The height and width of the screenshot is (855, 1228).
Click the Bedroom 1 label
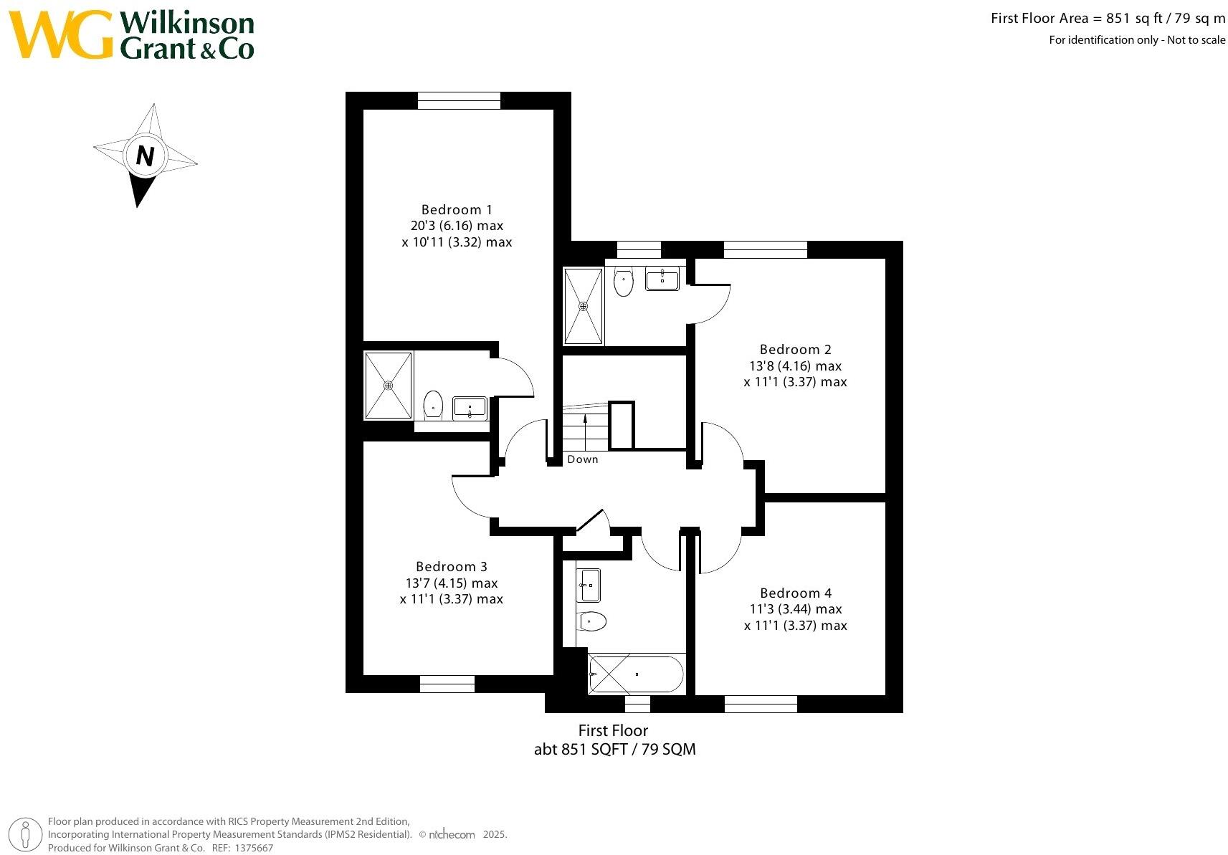click(x=457, y=209)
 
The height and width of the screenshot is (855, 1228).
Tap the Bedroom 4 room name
click(x=796, y=593)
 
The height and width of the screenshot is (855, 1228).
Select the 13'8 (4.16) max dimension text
click(x=796, y=366)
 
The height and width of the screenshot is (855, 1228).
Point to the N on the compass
click(x=146, y=156)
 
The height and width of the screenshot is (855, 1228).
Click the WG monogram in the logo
click(x=61, y=34)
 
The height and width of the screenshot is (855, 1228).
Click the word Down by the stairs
click(x=582, y=459)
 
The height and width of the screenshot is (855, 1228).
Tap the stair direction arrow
click(x=586, y=428)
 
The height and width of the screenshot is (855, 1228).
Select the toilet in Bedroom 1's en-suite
click(x=433, y=404)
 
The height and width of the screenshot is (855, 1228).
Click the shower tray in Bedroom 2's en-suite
click(x=584, y=306)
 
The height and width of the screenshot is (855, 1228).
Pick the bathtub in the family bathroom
click(x=636, y=674)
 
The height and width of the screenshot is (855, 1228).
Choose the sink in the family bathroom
click(x=590, y=586)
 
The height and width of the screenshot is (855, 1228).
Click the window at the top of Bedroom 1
click(x=459, y=100)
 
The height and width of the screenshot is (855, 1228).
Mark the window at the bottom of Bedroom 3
click(x=447, y=684)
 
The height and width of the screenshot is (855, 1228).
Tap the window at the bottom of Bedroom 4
click(x=761, y=704)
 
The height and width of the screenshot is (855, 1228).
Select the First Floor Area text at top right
click(x=1108, y=19)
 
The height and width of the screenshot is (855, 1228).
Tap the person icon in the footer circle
click(x=27, y=834)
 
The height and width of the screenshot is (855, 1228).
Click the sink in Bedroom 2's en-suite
click(x=662, y=279)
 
